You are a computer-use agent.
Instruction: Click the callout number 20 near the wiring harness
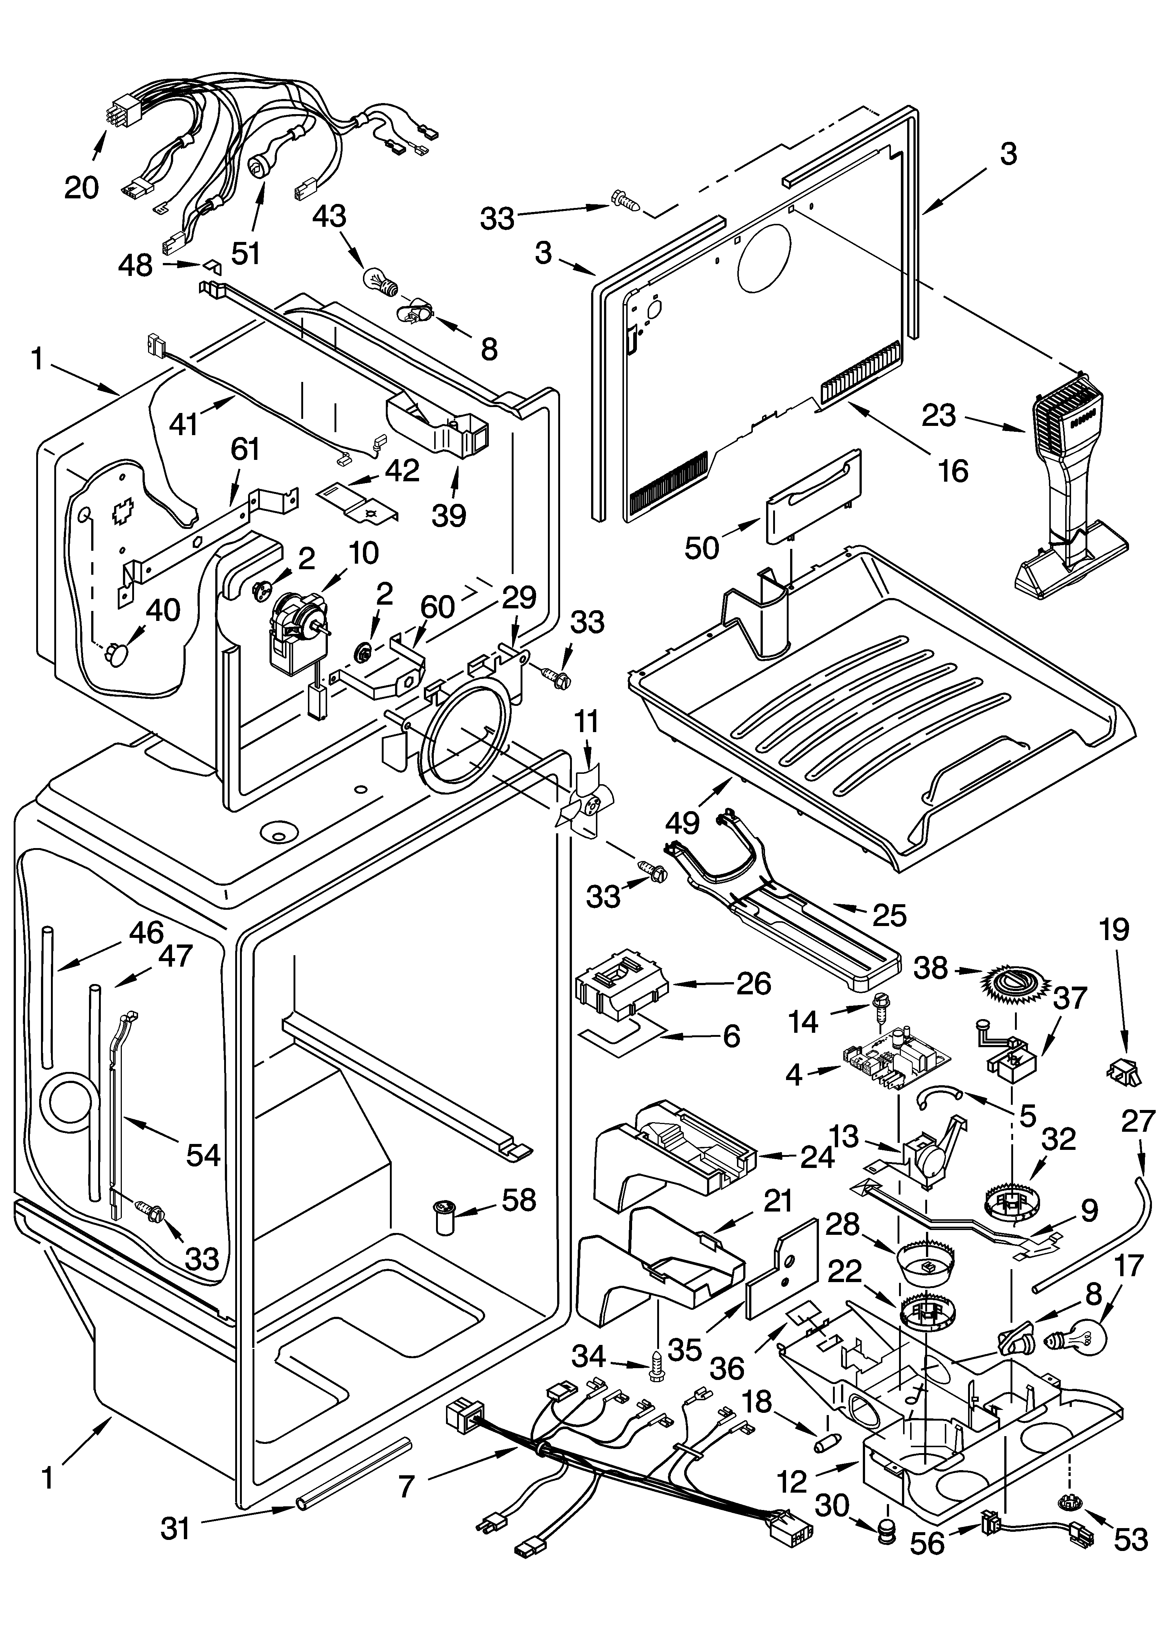click(x=80, y=188)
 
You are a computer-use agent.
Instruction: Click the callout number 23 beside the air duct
click(x=938, y=415)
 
